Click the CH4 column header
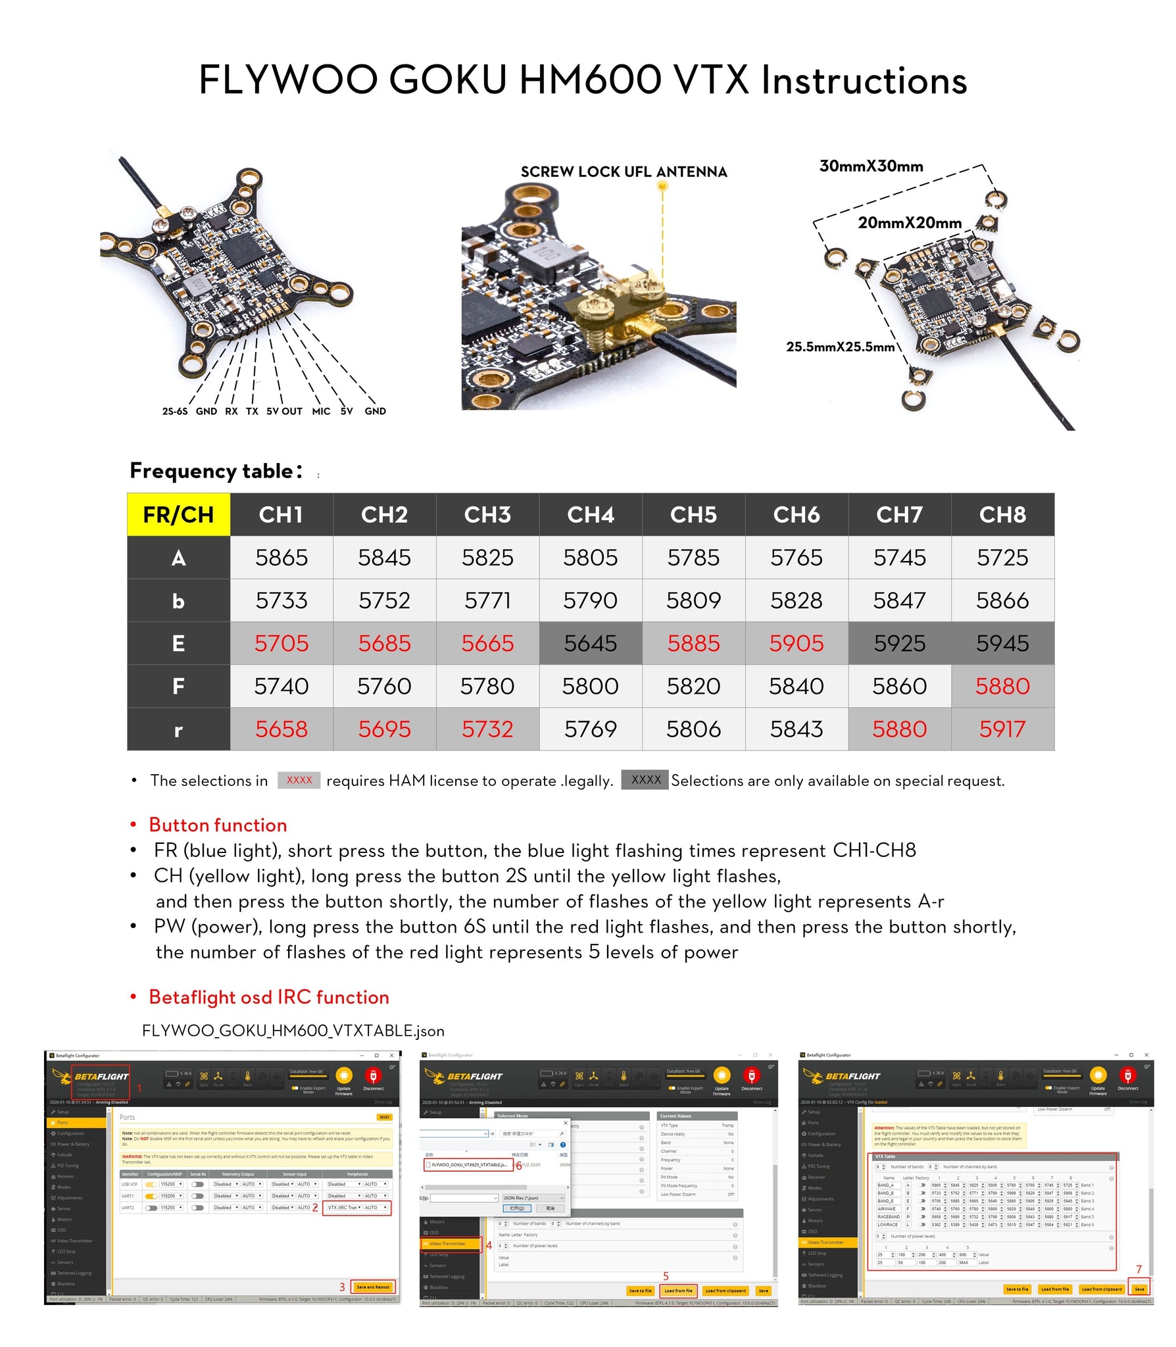point(590,514)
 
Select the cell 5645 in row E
point(590,643)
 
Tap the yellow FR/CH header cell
point(178,514)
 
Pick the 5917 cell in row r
point(1002,729)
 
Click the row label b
point(178,600)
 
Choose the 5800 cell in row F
point(590,686)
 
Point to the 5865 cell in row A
point(282,558)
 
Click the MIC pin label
point(321,411)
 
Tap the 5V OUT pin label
point(284,411)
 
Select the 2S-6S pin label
point(175,411)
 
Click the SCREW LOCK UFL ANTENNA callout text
point(624,172)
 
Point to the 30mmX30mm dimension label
point(871,166)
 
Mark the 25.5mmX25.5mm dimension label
point(840,347)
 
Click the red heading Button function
point(218,825)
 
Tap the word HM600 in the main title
point(590,80)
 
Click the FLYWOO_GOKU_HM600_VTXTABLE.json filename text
point(293,1031)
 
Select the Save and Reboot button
point(373,1287)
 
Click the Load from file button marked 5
point(678,1290)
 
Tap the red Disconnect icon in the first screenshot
point(373,1076)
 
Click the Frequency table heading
point(216,471)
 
